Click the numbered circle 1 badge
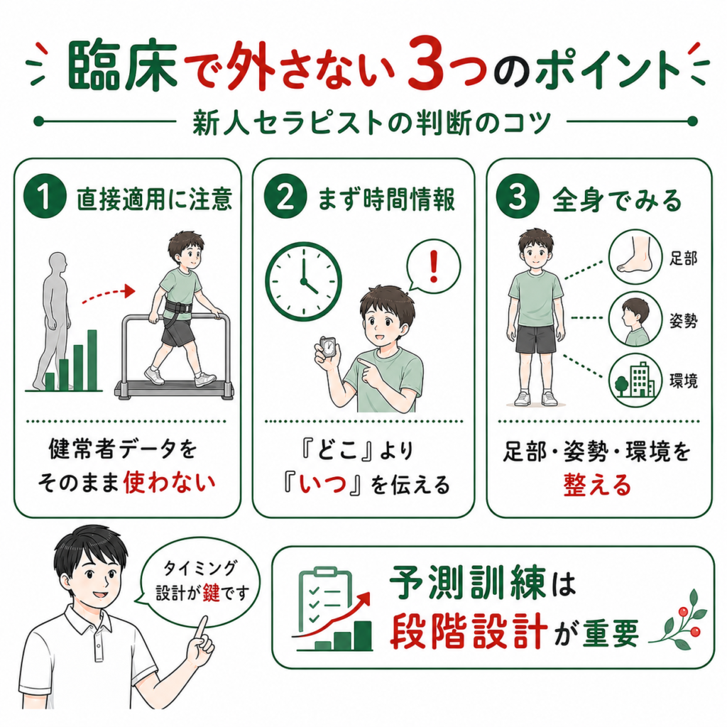pyautogui.click(x=45, y=197)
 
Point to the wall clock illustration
pyautogui.click(x=304, y=281)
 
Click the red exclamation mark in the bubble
pyautogui.click(x=434, y=267)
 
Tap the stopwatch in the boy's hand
pyautogui.click(x=328, y=346)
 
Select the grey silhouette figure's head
pyautogui.click(x=58, y=264)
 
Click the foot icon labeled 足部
pyautogui.click(x=635, y=256)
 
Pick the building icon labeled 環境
pyautogui.click(x=635, y=381)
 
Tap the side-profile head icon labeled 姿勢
pyautogui.click(x=635, y=319)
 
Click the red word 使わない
pyautogui.click(x=169, y=483)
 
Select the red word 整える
pyautogui.click(x=598, y=486)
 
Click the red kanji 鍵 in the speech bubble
pyautogui.click(x=211, y=593)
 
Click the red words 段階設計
pyautogui.click(x=469, y=632)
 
